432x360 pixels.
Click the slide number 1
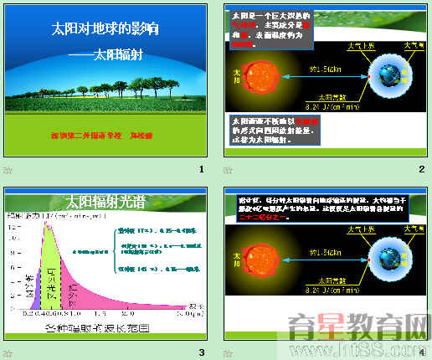[202, 171]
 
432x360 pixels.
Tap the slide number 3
[202, 352]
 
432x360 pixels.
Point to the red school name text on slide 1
[107, 133]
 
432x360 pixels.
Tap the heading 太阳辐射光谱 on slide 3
[105, 202]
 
